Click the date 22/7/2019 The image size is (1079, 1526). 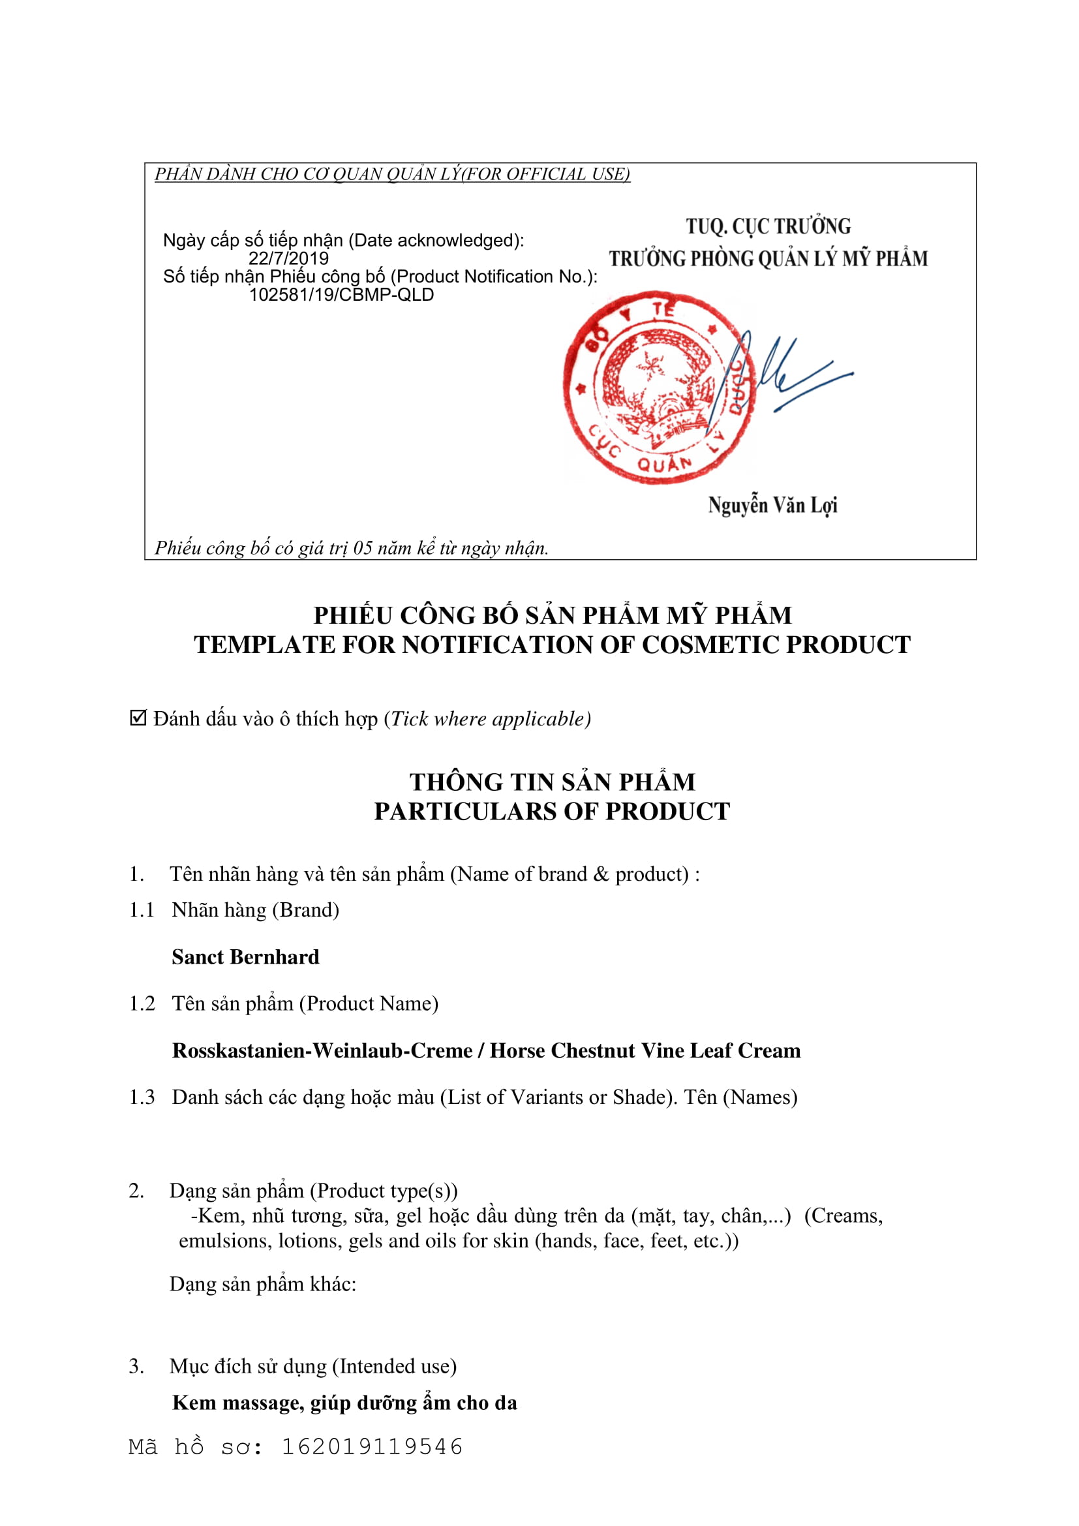tap(288, 258)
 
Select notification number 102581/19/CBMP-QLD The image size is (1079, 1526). tap(341, 295)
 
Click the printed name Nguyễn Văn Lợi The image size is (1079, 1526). tap(772, 506)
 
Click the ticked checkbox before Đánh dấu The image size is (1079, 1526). tap(138, 718)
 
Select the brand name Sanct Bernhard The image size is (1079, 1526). tap(245, 957)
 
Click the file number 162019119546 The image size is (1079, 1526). tap(372, 1447)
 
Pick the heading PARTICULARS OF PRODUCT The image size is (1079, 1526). tap(551, 812)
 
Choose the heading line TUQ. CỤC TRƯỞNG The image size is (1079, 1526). tap(768, 226)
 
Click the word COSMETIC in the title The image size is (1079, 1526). tap(715, 645)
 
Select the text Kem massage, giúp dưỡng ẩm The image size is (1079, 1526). tap(344, 1403)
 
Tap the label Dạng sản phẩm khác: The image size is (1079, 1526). tap(262, 1284)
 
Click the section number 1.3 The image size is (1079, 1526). tap(142, 1097)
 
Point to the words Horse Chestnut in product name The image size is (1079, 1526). tap(584, 1051)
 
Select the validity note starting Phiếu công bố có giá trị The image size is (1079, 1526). tap(352, 548)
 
